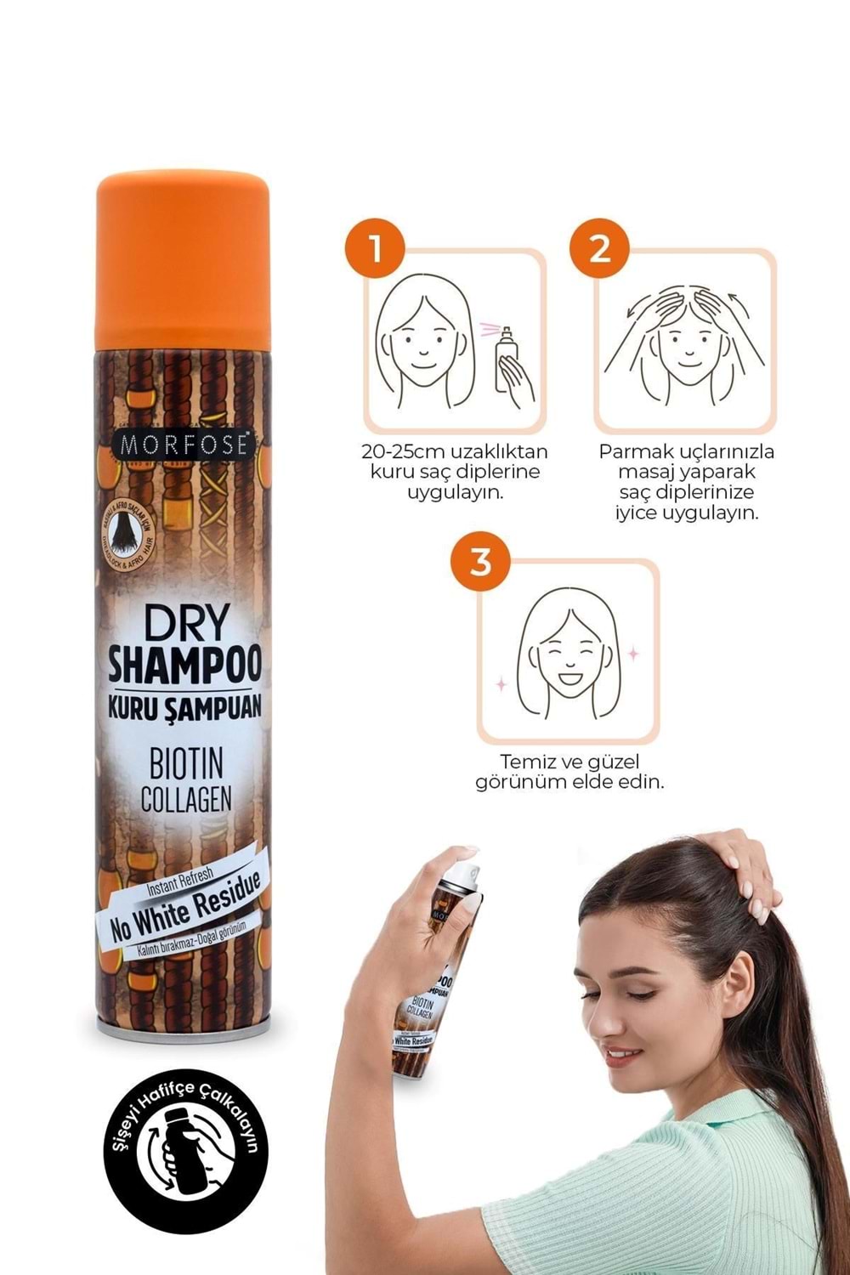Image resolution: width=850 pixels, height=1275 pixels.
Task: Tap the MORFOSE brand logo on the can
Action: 184,445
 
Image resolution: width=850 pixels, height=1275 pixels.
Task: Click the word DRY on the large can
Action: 184,625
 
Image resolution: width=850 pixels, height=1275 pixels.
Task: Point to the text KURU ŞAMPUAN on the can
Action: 184,705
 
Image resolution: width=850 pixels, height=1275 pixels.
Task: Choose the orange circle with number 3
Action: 480,562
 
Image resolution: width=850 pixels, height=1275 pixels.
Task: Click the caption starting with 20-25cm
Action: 456,472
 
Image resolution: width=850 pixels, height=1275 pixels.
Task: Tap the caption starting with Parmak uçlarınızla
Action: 686,482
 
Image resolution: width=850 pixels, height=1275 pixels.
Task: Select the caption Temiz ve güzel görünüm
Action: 569,771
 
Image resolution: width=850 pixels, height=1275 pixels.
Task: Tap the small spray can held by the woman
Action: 435,969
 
